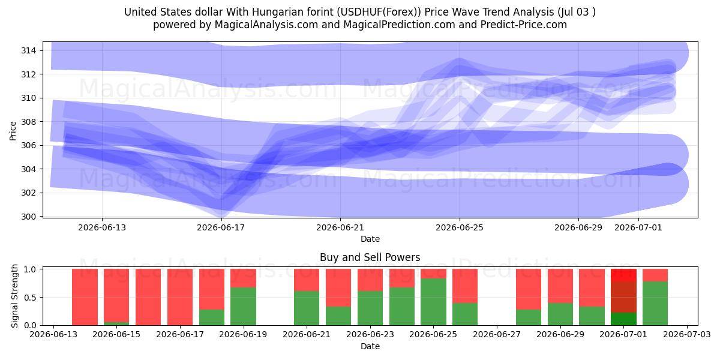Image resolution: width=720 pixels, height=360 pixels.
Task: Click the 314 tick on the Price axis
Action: tap(29, 50)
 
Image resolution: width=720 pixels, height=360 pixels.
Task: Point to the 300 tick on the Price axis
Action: tap(29, 217)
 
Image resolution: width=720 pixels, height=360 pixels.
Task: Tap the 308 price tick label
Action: tap(29, 122)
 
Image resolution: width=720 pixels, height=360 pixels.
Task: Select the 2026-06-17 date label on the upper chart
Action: tap(221, 227)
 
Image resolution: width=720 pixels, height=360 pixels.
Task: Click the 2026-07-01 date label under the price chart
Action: tap(638, 227)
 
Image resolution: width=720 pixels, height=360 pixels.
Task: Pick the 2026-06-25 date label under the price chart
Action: tap(460, 227)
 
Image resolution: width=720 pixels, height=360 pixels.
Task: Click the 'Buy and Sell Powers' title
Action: tap(370, 257)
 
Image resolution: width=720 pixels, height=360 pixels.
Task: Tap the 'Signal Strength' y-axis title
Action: tap(14, 296)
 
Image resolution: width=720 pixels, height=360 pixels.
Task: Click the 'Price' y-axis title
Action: tap(13, 131)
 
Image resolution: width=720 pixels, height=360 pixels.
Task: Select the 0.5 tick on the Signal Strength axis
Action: tap(31, 298)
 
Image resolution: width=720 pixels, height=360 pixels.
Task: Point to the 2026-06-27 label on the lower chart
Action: tap(497, 334)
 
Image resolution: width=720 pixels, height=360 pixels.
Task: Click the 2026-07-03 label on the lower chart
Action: tap(687, 334)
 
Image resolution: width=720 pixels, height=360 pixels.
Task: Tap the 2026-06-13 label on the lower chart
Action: tap(53, 334)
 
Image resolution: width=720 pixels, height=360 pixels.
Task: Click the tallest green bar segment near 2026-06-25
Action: tap(434, 302)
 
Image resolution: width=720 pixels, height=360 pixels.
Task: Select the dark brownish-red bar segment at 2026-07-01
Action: tap(623, 297)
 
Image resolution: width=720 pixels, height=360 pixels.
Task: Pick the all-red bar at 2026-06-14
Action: tap(85, 297)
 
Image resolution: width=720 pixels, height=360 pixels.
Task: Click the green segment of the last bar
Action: tap(655, 304)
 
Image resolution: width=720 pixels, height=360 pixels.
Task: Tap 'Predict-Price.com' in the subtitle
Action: tap(524, 25)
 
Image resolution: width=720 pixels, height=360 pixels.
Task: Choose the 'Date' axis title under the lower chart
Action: tap(370, 347)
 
